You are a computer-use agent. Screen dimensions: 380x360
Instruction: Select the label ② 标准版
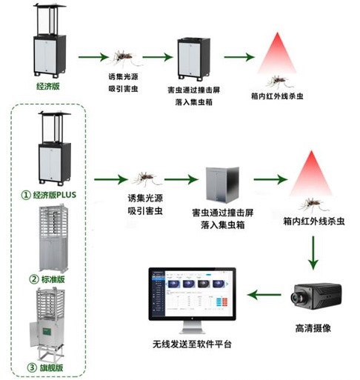pyautogui.click(x=49, y=280)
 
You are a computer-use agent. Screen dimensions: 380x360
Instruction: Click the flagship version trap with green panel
pyautogui.click(x=49, y=326)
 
